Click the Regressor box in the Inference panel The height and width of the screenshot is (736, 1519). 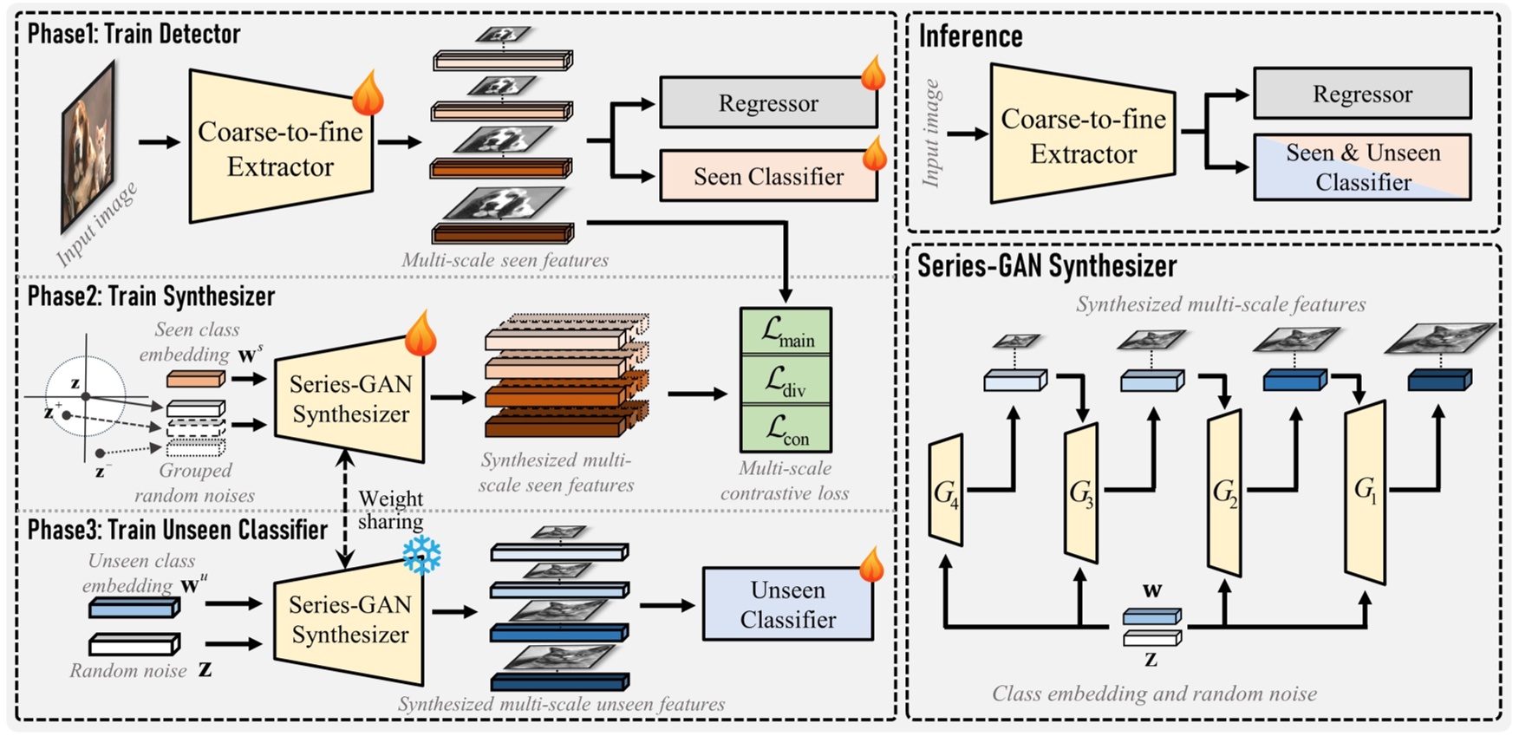tap(1361, 94)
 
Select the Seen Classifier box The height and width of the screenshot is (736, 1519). tap(768, 176)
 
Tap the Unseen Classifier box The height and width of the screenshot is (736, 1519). tap(787, 604)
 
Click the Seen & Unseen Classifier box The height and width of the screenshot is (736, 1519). tap(1361, 167)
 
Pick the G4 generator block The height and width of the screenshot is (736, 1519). tap(946, 492)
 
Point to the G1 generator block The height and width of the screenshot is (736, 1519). tap(1365, 492)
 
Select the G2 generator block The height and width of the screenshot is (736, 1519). tap(1224, 492)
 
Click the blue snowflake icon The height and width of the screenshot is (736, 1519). tap(421, 555)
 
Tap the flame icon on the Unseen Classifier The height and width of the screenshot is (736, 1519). tap(871, 564)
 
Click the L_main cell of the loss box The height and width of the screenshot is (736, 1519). tap(786, 331)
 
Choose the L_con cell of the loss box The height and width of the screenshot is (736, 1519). tap(786, 429)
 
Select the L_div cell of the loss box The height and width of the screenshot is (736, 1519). tap(786, 380)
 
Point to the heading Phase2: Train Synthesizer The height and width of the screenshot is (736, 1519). tap(151, 296)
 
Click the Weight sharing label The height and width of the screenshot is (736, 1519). tap(390, 510)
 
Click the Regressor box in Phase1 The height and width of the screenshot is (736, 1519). tap(768, 103)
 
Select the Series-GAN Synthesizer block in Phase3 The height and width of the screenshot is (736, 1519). tap(349, 619)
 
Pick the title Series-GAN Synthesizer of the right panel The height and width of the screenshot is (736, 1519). tap(1046, 266)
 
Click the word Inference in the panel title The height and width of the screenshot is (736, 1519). tap(970, 36)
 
